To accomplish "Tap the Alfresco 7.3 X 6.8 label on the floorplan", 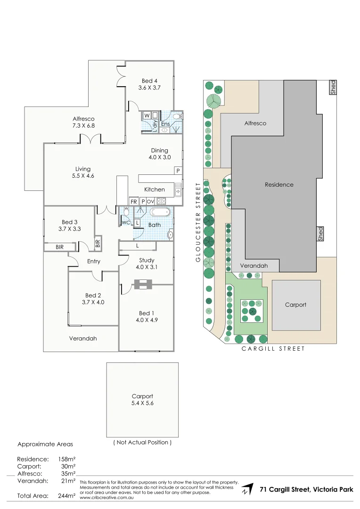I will click(x=83, y=122).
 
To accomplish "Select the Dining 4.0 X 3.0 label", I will click(x=159, y=154).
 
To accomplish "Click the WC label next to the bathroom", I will click(x=126, y=222).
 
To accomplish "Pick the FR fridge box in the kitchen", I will click(x=133, y=201).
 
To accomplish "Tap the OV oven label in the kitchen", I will click(x=150, y=201).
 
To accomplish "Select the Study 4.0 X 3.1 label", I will click(x=147, y=263).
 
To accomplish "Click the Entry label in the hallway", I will click(x=94, y=261).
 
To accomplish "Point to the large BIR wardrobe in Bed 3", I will click(x=60, y=247).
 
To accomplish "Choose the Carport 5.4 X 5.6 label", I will click(x=142, y=400).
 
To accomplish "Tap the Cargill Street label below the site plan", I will click(x=273, y=349).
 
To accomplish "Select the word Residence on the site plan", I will click(x=279, y=185).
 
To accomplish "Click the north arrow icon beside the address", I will click(x=247, y=490).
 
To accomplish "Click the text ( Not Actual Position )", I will click(x=142, y=443).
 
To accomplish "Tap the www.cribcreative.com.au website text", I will click(x=106, y=497).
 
